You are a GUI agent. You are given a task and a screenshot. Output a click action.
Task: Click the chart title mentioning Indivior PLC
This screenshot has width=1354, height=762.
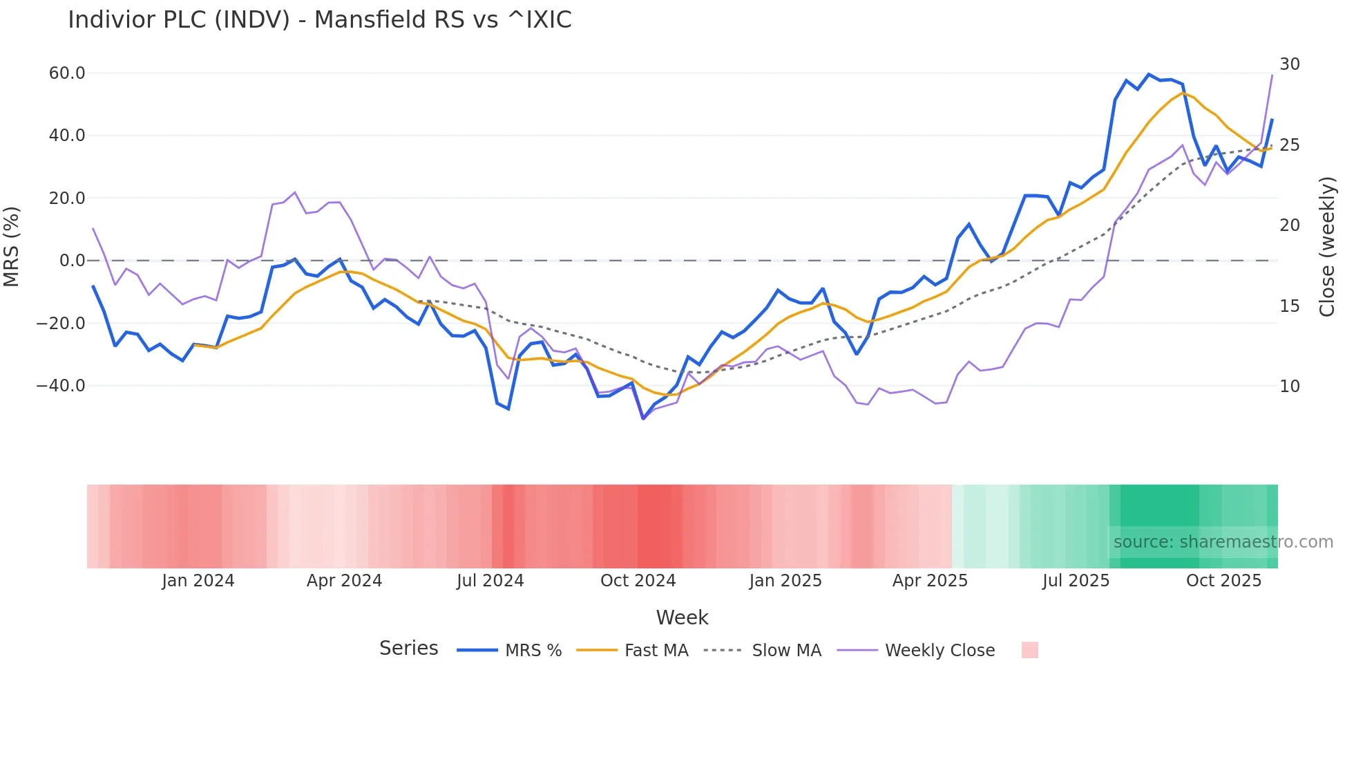point(319,20)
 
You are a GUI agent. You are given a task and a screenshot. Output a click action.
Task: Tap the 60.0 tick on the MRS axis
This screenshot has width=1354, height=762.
point(66,73)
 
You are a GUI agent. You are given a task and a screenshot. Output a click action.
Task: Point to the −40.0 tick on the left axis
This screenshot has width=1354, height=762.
point(61,386)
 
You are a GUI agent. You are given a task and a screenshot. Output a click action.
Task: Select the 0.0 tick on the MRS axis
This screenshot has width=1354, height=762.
point(72,261)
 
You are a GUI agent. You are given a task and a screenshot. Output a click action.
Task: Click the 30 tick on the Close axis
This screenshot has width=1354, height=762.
point(1289,64)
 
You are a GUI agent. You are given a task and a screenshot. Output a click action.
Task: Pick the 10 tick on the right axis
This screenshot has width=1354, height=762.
point(1289,387)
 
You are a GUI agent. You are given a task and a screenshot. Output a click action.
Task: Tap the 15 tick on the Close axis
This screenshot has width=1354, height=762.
point(1289,306)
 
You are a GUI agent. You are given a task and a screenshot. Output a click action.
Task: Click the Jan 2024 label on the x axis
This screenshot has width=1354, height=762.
point(198,581)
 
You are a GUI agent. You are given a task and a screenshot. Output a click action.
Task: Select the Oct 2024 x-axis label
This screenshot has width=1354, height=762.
point(638,581)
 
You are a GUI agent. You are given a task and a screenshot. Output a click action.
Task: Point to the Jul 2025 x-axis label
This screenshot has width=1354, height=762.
point(1076,581)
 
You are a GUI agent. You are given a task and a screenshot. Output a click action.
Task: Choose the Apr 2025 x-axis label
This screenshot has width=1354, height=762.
point(930,581)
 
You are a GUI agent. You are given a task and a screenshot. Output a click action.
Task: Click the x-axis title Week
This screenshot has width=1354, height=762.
point(682,617)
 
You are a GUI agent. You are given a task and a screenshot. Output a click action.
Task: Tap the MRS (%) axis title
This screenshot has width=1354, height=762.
point(12,247)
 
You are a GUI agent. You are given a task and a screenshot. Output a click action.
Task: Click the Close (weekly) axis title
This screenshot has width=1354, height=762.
point(1327,247)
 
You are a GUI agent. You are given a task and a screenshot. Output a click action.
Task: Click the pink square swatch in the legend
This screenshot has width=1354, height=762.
point(1029,650)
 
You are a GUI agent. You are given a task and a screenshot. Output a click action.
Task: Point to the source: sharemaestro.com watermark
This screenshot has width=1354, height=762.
point(1223,542)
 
